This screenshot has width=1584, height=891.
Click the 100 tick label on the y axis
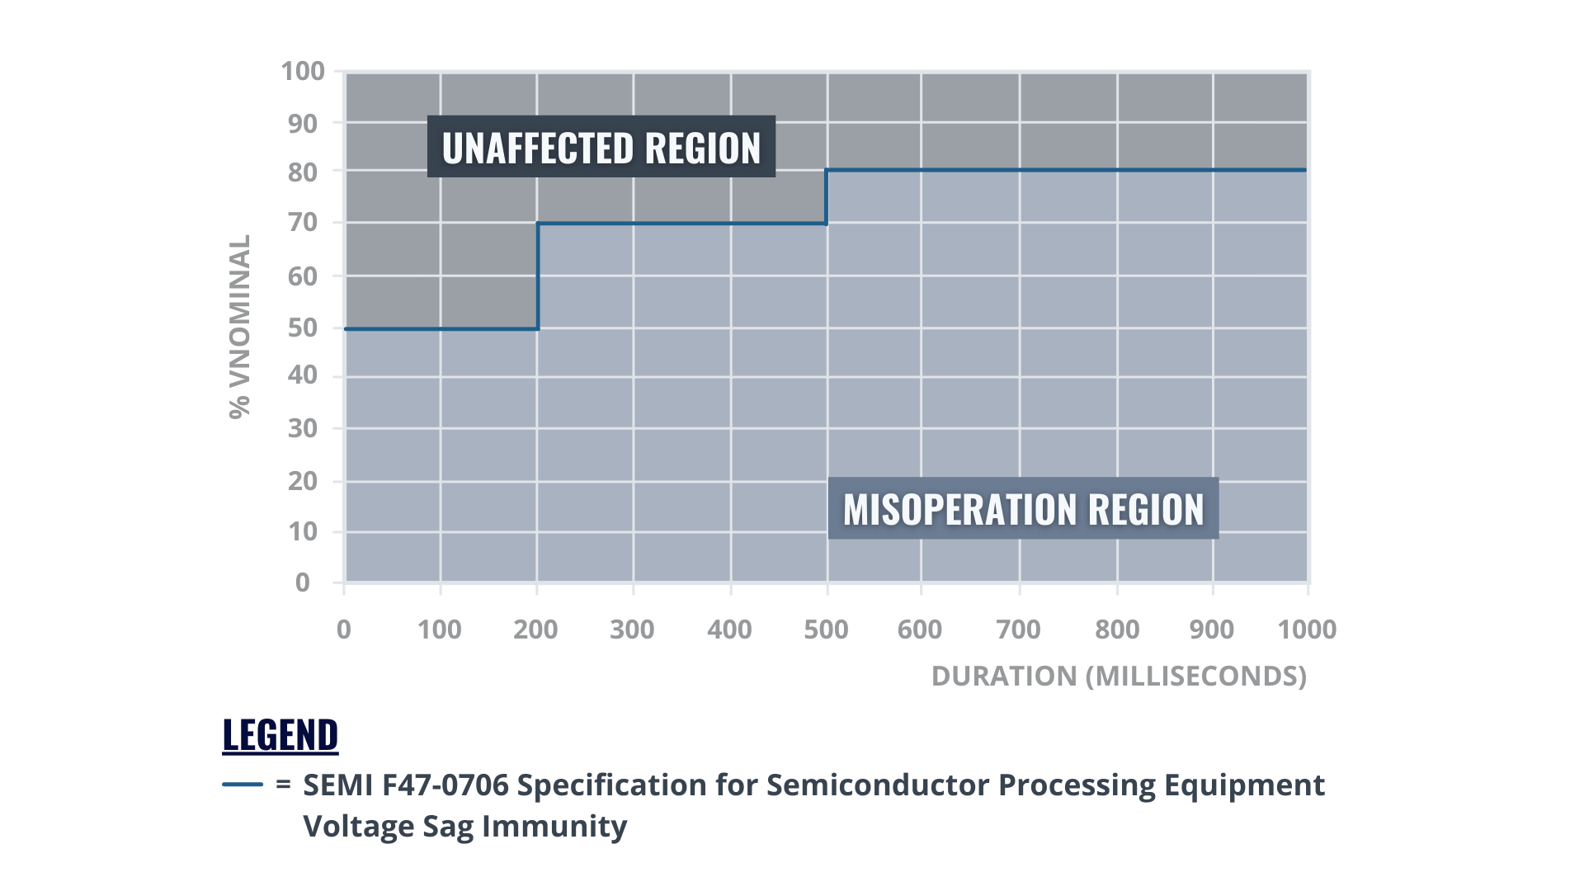pos(303,72)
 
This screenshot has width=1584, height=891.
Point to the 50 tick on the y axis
pos(303,328)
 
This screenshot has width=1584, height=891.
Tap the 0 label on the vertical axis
pos(303,582)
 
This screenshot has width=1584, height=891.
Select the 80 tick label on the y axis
pos(303,172)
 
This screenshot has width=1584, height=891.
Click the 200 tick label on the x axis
pos(535,629)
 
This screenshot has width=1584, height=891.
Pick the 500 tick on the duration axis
pos(826,629)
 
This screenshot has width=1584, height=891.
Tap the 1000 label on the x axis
pos(1307,629)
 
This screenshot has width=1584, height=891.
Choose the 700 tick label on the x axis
pos(1018,629)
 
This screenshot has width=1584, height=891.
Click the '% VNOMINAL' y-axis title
pos(239,327)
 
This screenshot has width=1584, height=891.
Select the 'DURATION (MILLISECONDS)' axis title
pos(1119,676)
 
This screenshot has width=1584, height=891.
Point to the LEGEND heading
pos(280,734)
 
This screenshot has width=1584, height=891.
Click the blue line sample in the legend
pos(243,785)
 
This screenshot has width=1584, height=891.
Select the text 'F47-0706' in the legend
pos(445,785)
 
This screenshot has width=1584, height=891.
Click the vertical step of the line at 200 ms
pos(537,276)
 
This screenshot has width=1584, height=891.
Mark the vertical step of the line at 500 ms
pos(827,197)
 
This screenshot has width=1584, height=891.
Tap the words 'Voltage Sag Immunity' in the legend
pos(465,826)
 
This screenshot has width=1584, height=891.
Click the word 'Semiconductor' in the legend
pos(878,785)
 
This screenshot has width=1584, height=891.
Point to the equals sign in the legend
pos(283,785)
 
